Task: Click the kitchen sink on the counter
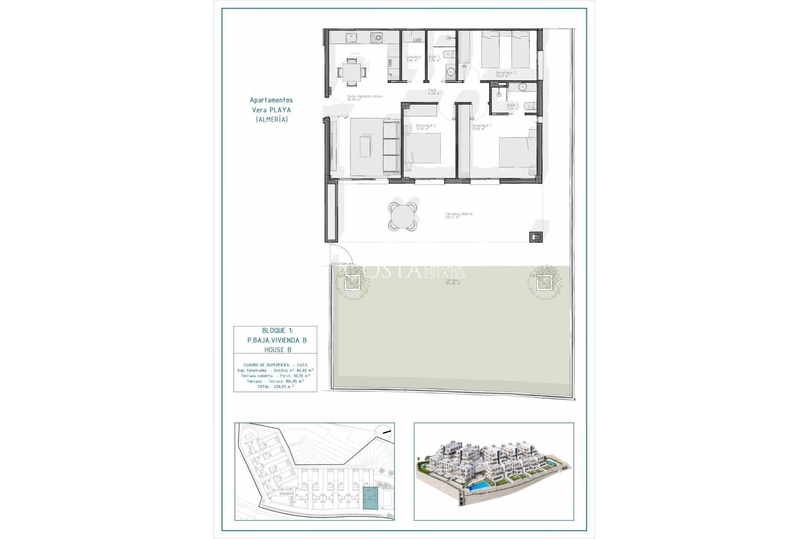pos(351,38)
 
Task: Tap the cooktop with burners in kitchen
pos(376,38)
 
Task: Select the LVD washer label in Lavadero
pos(417,40)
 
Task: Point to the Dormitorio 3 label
pos(506,74)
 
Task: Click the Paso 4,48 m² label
pos(434,92)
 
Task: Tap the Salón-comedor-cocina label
pos(364,98)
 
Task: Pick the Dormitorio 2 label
pos(426,127)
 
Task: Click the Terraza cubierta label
pos(458,215)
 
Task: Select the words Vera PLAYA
pos(271,110)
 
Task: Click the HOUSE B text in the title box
pos(277,350)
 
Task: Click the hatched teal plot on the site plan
pos(370,499)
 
